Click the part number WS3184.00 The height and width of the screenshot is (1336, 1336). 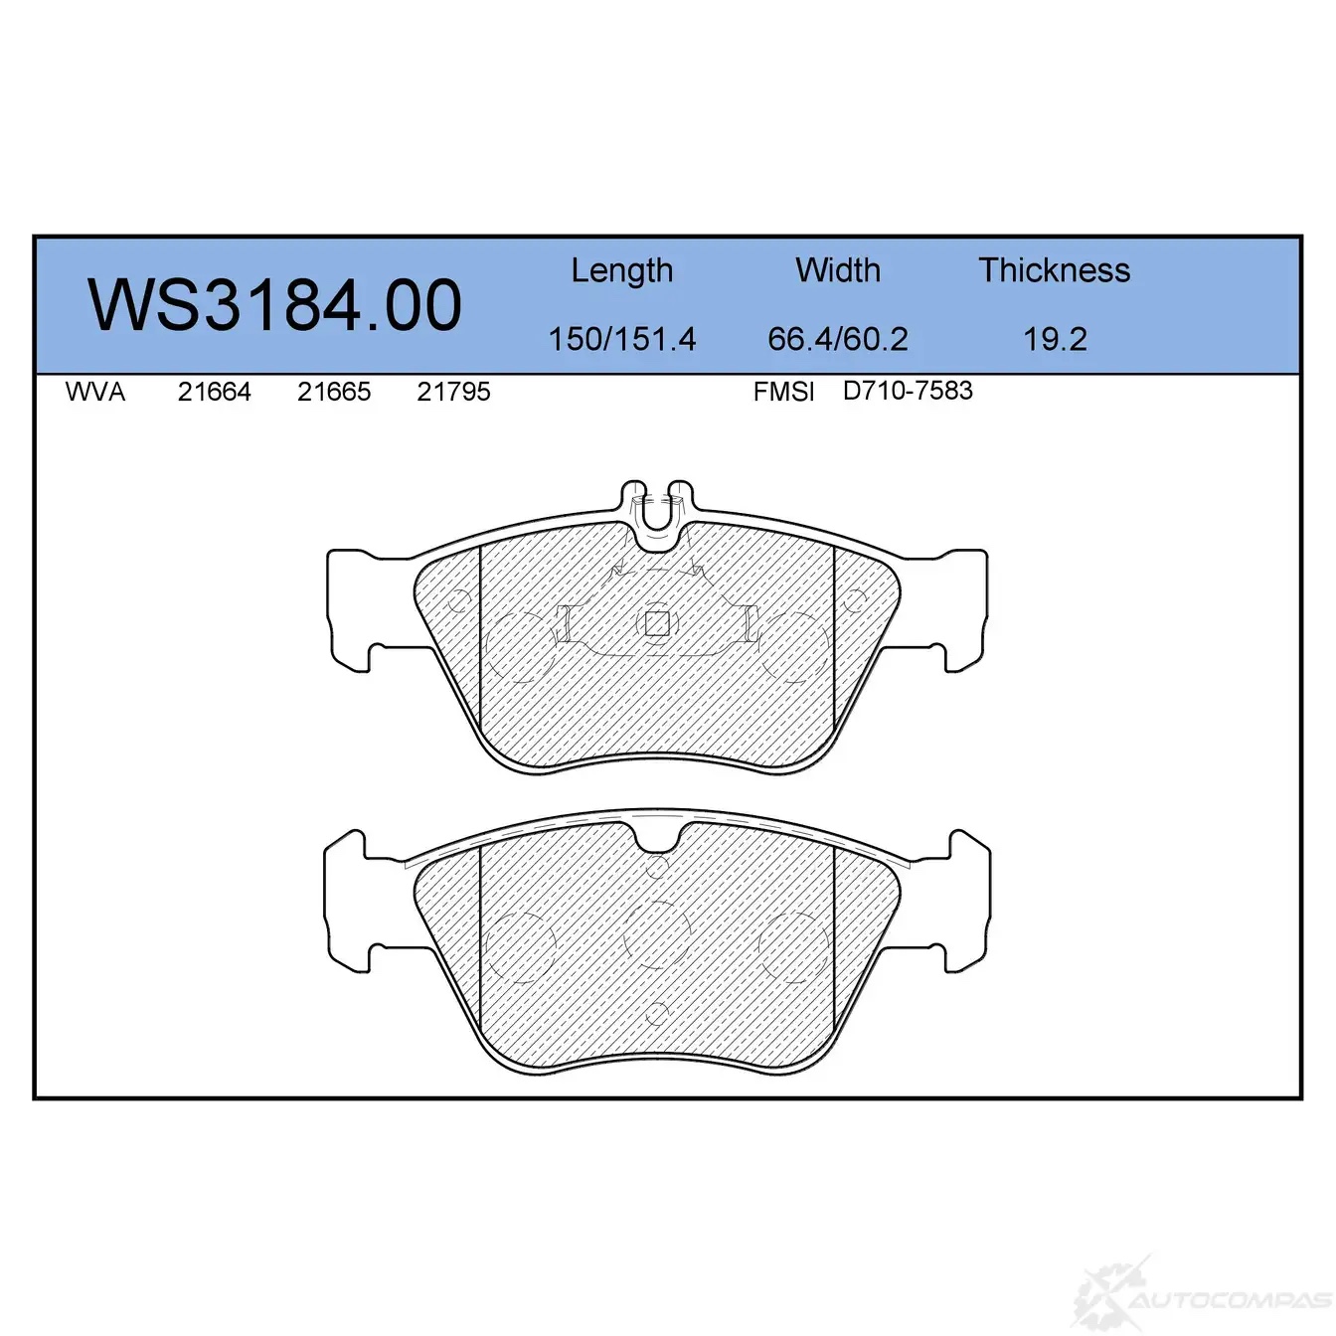pyautogui.click(x=274, y=305)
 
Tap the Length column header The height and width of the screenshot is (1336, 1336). pyautogui.click(x=622, y=271)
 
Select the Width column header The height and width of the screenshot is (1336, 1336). pyautogui.click(x=838, y=269)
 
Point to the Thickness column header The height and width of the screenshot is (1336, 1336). pyautogui.click(x=1054, y=269)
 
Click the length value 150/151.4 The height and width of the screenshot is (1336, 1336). pyautogui.click(x=622, y=339)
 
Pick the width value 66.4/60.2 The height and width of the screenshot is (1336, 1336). pyautogui.click(x=838, y=339)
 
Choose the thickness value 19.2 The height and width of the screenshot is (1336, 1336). pyautogui.click(x=1055, y=339)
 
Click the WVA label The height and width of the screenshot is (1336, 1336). pyautogui.click(x=95, y=392)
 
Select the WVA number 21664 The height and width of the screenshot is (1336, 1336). pyautogui.click(x=215, y=392)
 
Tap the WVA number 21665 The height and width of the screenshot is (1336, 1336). pyautogui.click(x=333, y=392)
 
